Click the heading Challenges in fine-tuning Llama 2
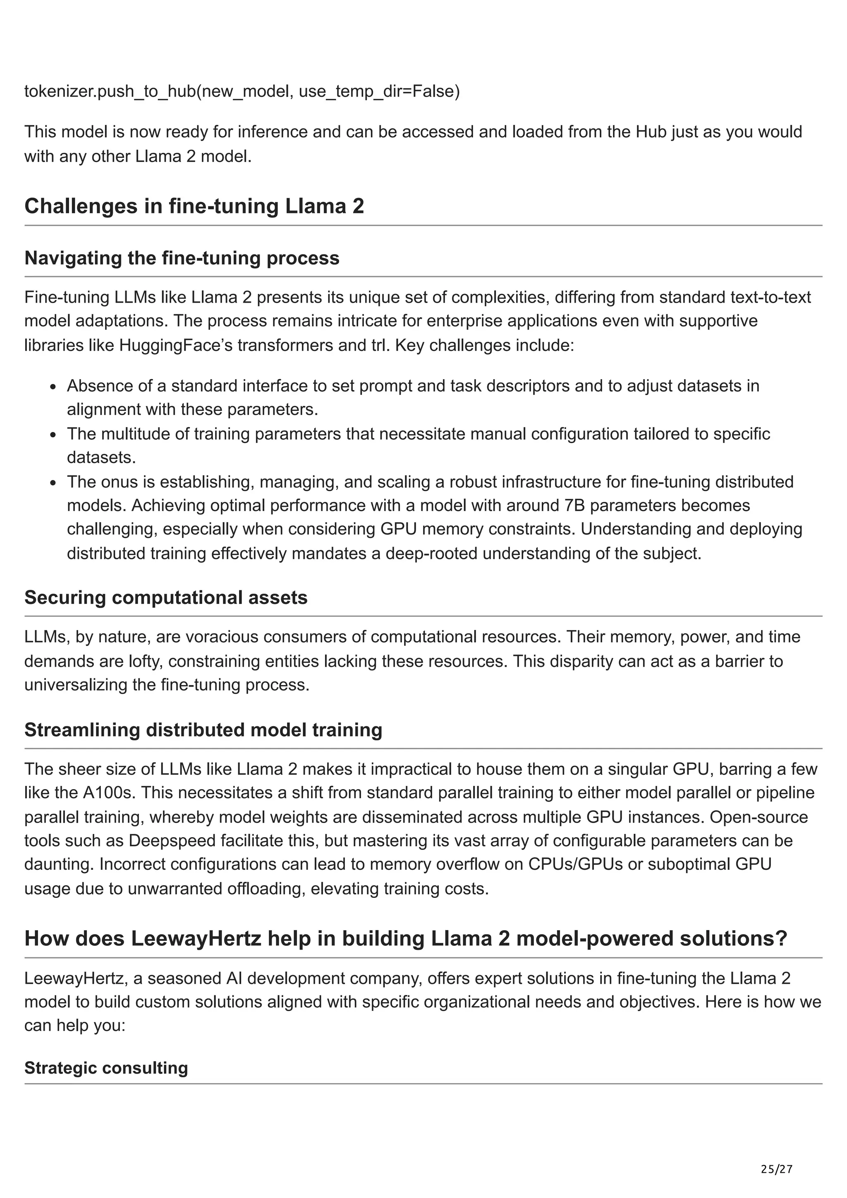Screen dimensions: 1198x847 point(194,206)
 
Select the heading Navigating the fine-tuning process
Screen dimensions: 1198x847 point(182,258)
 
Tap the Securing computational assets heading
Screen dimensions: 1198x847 point(165,597)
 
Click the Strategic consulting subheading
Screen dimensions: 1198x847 point(106,1067)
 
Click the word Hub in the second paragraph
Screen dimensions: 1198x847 point(651,131)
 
